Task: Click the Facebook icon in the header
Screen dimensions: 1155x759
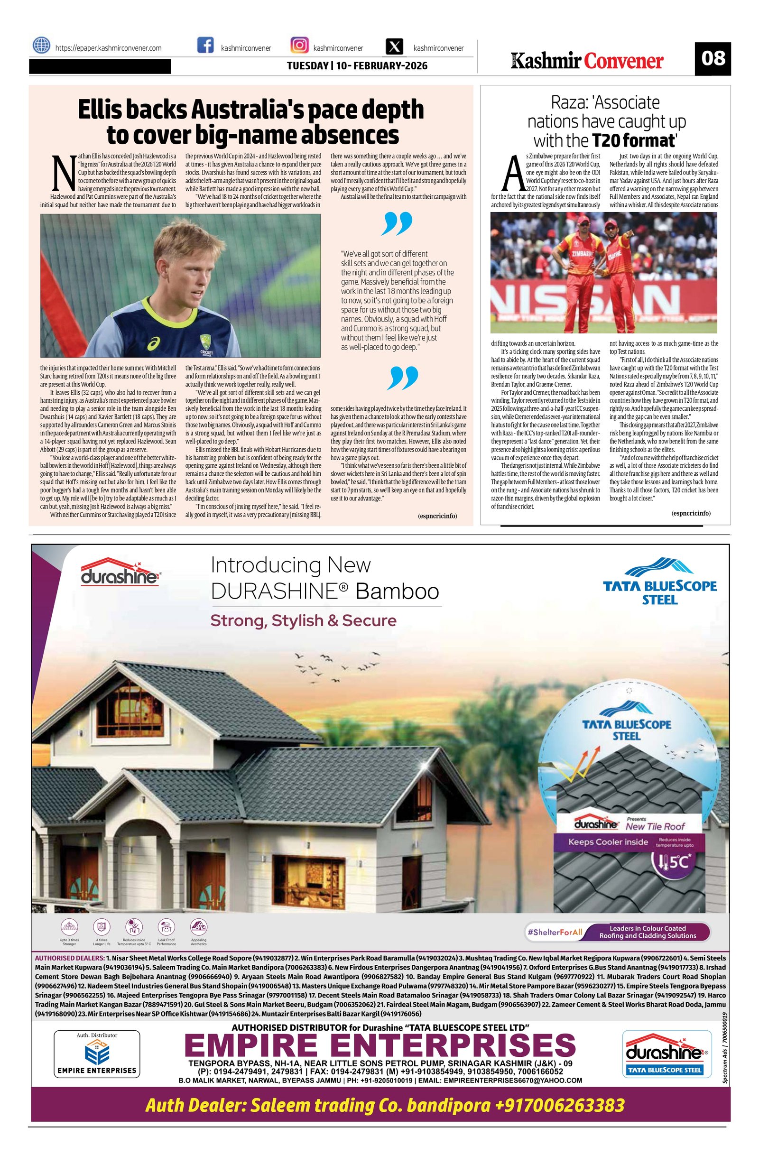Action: (x=205, y=46)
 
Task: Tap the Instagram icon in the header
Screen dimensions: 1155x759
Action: (x=299, y=46)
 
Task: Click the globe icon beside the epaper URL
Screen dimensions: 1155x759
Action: (x=41, y=46)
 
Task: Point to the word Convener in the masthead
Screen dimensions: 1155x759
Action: (x=623, y=62)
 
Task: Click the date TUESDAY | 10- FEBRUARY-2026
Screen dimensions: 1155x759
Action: (x=357, y=65)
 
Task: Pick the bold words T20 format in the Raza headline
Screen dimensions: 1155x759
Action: (x=633, y=141)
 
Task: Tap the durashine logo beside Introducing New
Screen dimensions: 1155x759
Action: (x=120, y=573)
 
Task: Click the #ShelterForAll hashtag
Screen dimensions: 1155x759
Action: (x=554, y=932)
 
